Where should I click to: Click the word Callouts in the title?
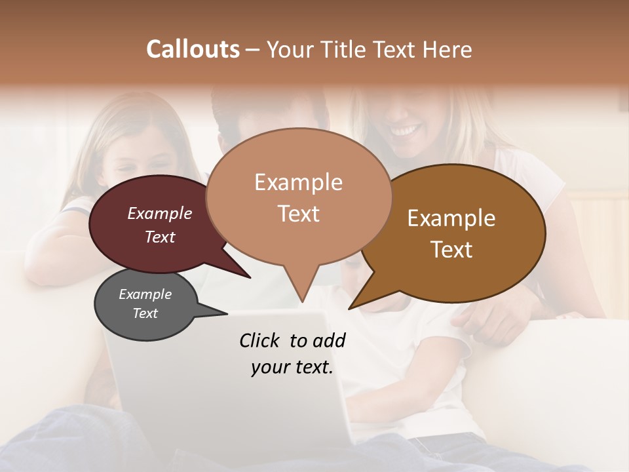(x=193, y=49)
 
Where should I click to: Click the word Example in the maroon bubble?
(x=160, y=213)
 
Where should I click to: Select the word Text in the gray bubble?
(x=145, y=313)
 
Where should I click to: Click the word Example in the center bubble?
(x=298, y=182)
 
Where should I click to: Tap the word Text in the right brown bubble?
(x=451, y=250)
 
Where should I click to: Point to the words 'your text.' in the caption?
(x=292, y=367)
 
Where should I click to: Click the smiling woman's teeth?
(x=404, y=132)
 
